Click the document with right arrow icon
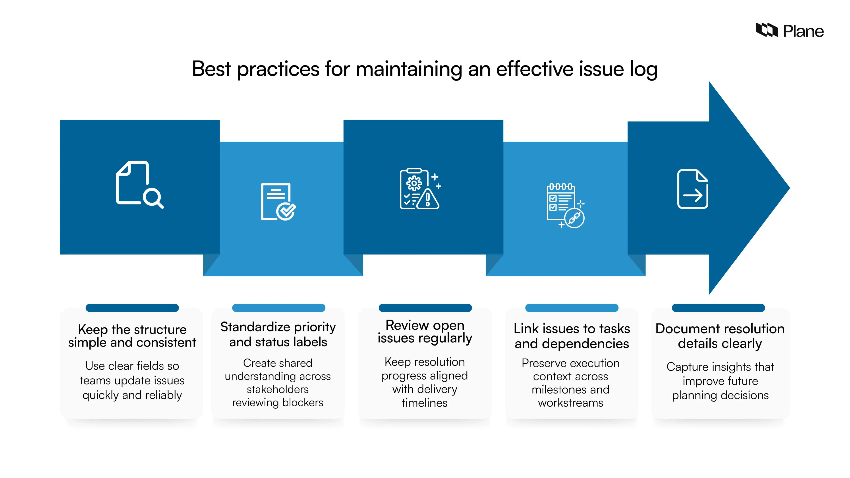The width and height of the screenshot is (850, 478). tap(693, 189)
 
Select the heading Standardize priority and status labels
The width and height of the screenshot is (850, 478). tap(278, 334)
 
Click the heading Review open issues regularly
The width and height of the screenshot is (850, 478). tap(425, 332)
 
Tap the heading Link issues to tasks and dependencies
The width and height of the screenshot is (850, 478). tap(572, 336)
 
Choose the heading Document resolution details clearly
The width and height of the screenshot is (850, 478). tap(720, 336)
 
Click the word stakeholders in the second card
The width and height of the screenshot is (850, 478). tap(278, 389)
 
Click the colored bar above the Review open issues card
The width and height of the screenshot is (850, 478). tap(425, 308)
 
